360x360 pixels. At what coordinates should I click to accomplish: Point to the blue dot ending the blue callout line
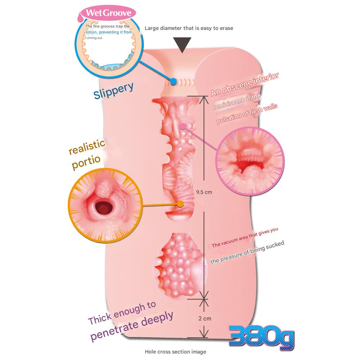point(174,82)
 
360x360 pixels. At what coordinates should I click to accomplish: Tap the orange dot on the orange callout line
point(180,204)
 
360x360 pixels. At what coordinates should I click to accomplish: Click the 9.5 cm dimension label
point(204,192)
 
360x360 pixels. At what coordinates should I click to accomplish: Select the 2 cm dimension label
point(204,318)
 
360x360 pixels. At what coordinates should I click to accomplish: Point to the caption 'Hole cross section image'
point(175,352)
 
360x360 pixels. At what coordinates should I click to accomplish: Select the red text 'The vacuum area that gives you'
point(245,238)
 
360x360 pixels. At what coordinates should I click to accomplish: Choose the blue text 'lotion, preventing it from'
point(109,32)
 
